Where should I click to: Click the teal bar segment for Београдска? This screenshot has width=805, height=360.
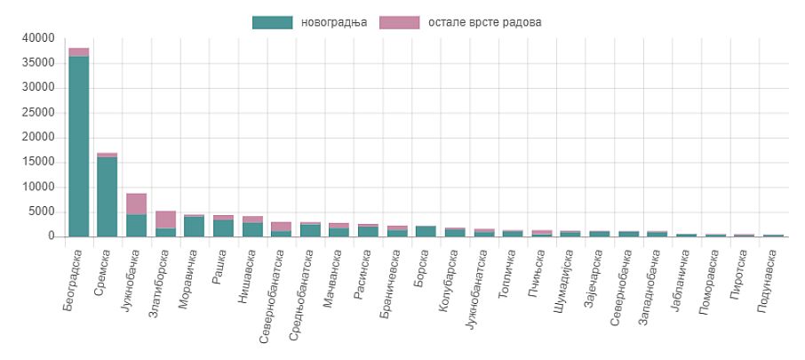78,147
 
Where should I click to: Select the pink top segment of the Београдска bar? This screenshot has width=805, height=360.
78,52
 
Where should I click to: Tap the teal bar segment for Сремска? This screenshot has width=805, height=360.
108,196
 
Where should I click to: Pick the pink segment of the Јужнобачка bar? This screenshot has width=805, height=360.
136,204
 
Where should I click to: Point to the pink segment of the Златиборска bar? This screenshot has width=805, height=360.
165,219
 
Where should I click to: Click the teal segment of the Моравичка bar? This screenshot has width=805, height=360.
195,227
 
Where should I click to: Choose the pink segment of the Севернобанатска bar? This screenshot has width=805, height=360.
282,227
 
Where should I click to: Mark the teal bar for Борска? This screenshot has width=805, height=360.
426,231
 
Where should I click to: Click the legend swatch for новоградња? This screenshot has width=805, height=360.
273,22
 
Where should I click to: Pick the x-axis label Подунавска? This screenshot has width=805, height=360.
769,277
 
